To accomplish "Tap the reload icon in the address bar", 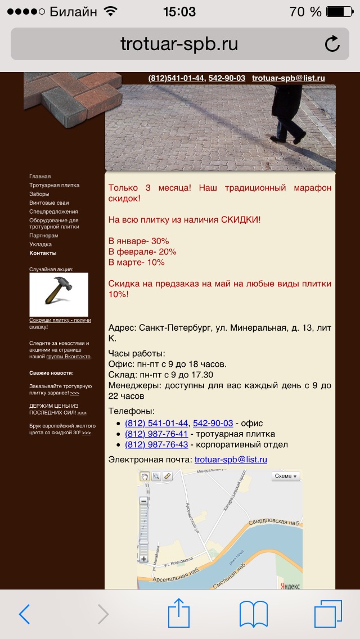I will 332,44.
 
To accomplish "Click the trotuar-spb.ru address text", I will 179,44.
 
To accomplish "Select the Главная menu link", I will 40,176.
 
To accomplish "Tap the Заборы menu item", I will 39,193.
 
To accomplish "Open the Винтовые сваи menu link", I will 49,202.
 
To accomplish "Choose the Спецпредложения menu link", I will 53,211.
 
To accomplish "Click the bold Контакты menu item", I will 43,253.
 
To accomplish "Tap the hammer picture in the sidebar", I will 58,294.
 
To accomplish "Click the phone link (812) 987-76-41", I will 156,434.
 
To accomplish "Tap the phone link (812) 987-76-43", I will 156,444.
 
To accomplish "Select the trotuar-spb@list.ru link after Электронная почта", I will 231,460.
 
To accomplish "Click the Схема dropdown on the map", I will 286,476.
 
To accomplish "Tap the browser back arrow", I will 24,614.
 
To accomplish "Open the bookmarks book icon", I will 253,614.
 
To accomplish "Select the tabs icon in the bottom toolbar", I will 328,614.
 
